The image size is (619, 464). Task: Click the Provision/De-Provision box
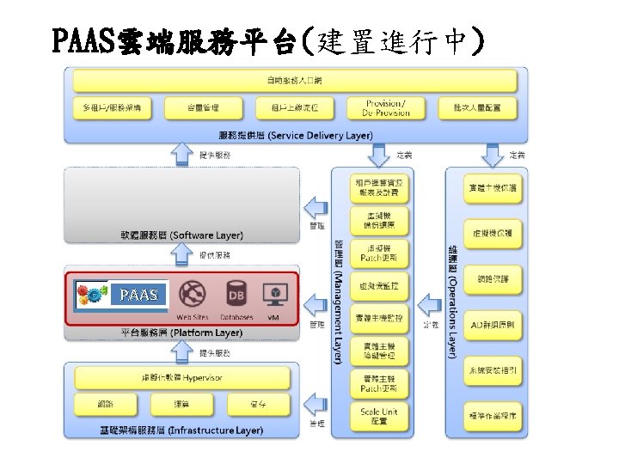383,107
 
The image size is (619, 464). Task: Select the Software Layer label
181,235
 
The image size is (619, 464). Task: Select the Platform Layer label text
181,332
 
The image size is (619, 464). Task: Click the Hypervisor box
181,377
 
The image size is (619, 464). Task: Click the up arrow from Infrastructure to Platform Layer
181,351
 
